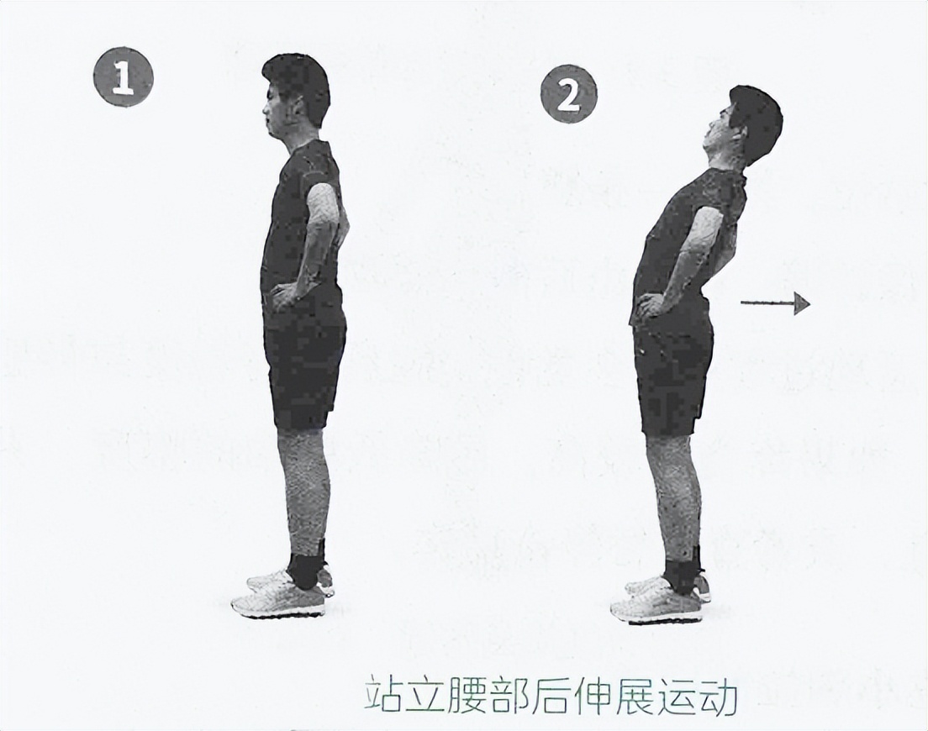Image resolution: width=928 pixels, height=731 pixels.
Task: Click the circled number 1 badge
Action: [x=123, y=76]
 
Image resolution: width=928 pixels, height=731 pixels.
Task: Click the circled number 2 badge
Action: [x=569, y=94]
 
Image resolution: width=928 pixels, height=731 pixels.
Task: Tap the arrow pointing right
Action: [x=775, y=303]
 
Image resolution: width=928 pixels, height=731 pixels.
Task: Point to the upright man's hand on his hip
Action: [x=284, y=295]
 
